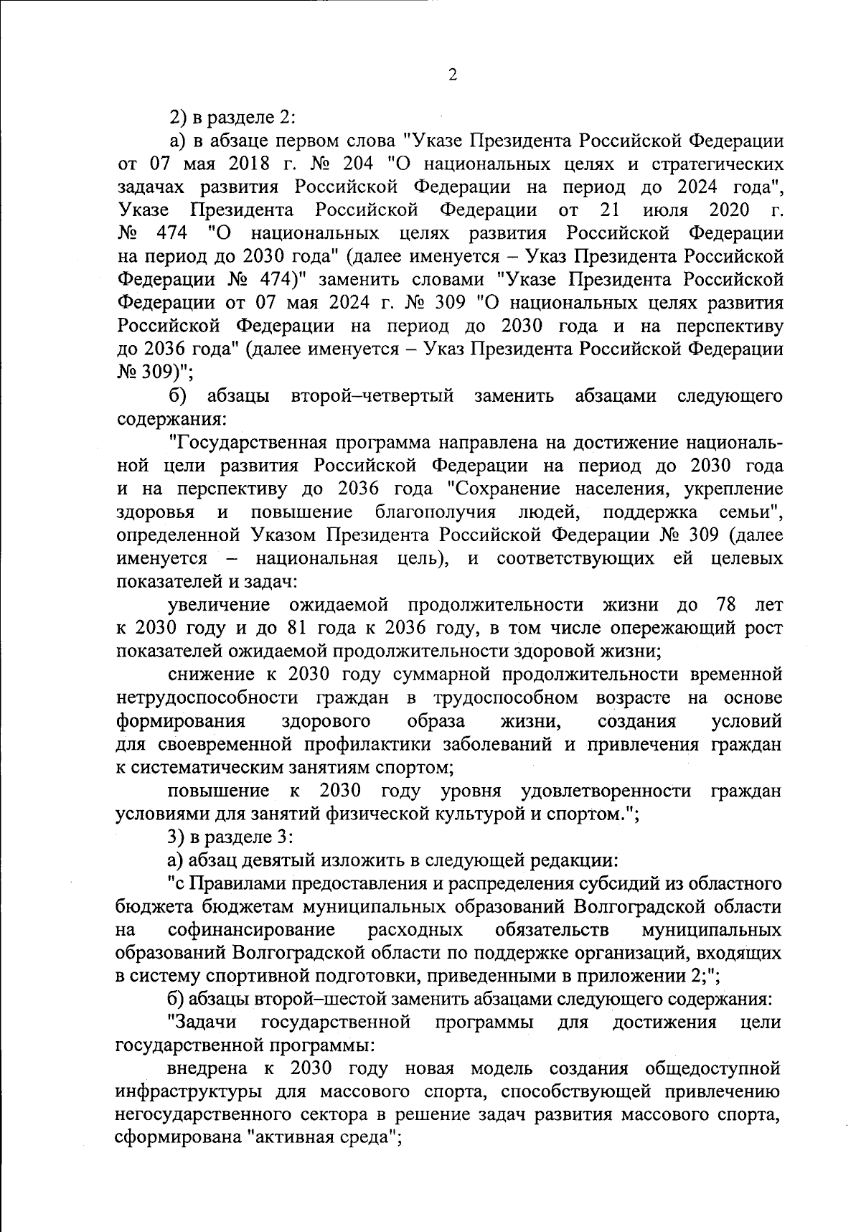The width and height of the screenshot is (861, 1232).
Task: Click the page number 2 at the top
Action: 452,75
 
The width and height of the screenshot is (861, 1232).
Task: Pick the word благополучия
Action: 436,513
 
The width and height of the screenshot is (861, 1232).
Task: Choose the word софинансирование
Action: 252,930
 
